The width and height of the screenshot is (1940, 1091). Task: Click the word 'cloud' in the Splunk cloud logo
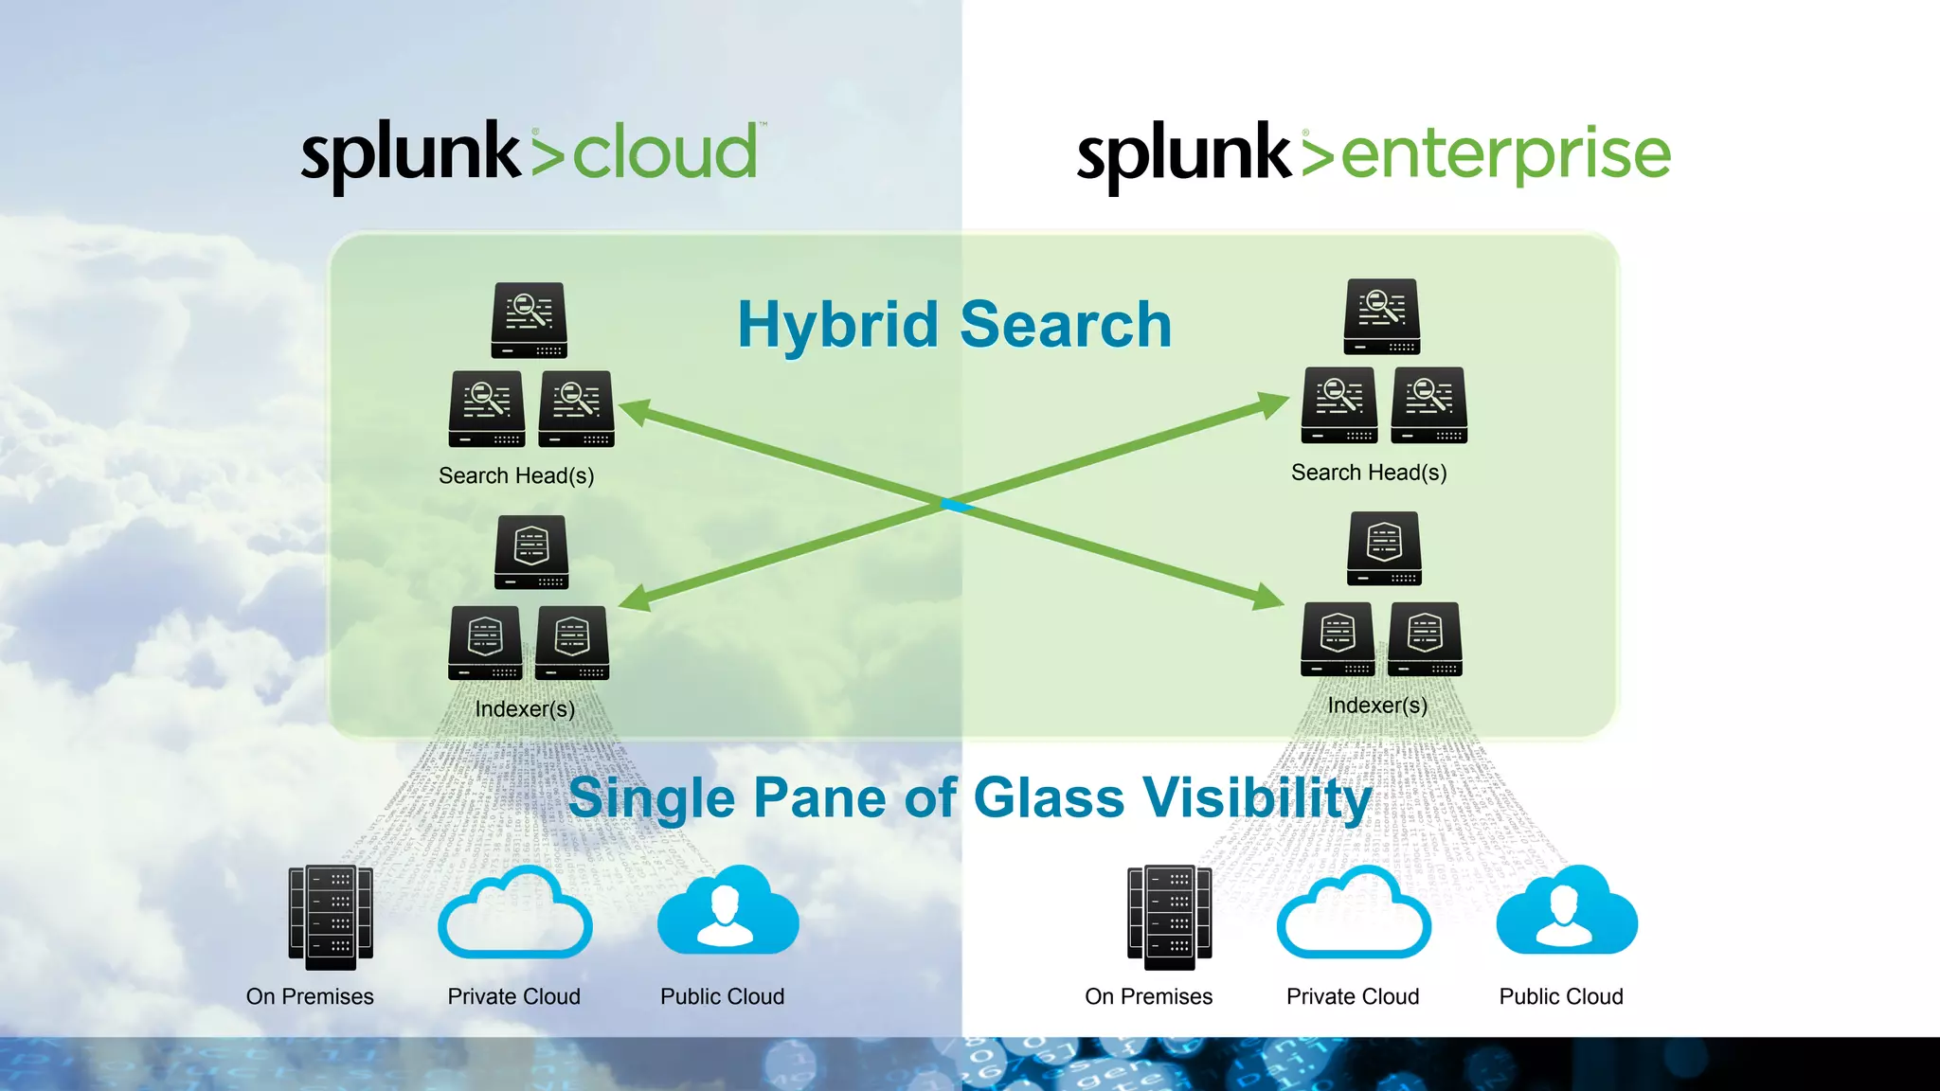[x=665, y=153]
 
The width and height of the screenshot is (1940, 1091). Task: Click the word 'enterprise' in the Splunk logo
[x=1506, y=155]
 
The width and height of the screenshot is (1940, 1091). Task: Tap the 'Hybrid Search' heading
[x=954, y=325]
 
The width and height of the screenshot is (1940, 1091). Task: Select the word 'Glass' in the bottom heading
[x=1049, y=797]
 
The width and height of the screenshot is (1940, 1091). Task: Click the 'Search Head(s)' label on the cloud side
[x=516, y=475]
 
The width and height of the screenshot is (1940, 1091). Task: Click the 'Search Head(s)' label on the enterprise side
[x=1369, y=472]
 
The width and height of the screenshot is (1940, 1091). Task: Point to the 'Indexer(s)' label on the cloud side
[x=525, y=708]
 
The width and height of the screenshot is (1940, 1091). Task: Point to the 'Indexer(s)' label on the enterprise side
[x=1377, y=705]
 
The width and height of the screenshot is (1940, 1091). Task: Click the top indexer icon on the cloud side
[x=531, y=552]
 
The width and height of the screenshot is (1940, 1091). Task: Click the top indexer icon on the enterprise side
[x=1385, y=548]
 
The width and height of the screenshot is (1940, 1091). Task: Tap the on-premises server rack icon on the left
[x=331, y=917]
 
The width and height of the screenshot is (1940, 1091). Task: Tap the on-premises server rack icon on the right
[x=1169, y=917]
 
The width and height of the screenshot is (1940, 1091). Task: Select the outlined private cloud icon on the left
[x=514, y=913]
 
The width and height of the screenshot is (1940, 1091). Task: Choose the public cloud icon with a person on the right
[x=1566, y=911]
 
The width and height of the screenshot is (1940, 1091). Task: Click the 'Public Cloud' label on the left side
[x=722, y=996]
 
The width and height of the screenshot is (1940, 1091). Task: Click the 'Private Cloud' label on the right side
[x=1353, y=996]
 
